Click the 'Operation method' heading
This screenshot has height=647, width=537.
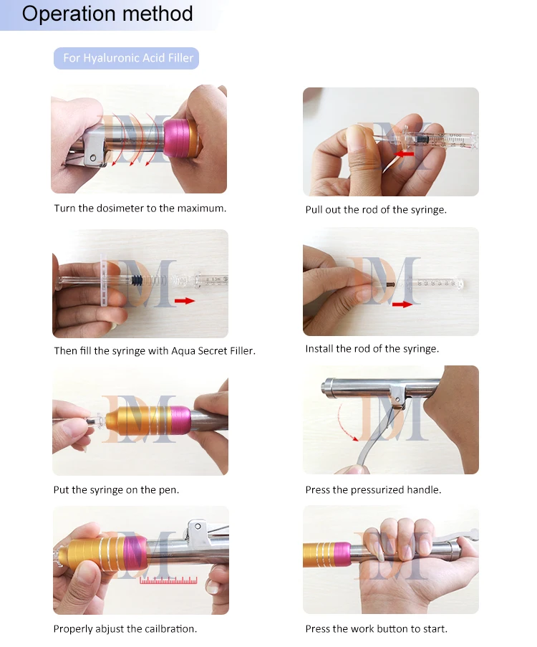pyautogui.click(x=107, y=14)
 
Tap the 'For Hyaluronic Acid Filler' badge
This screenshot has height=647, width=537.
pyautogui.click(x=126, y=58)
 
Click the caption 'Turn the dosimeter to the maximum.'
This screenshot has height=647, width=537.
pyautogui.click(x=140, y=209)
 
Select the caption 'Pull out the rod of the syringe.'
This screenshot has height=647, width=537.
pyautogui.click(x=376, y=210)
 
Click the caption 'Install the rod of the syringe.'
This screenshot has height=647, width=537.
pyautogui.click(x=372, y=349)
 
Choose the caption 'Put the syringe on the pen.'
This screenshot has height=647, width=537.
pyautogui.click(x=116, y=490)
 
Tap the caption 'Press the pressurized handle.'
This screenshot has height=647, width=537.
pyautogui.click(x=373, y=490)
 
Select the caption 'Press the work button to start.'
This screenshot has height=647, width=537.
pyautogui.click(x=376, y=629)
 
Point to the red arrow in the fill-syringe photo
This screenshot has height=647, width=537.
pyautogui.click(x=184, y=301)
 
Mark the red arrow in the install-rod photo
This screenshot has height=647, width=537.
pyautogui.click(x=402, y=304)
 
